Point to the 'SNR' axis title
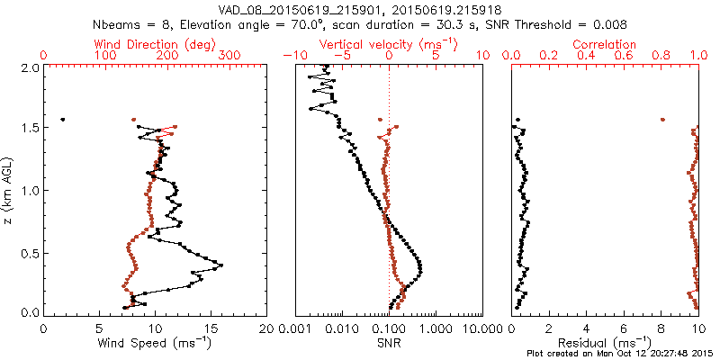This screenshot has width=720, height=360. [x=389, y=343]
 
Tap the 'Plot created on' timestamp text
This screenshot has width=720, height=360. [x=621, y=354]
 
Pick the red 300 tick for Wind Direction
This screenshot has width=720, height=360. [x=229, y=56]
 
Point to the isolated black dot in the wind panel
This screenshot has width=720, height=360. [x=63, y=119]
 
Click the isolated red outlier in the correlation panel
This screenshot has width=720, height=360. [x=662, y=119]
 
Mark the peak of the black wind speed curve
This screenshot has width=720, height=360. [x=220, y=265]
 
